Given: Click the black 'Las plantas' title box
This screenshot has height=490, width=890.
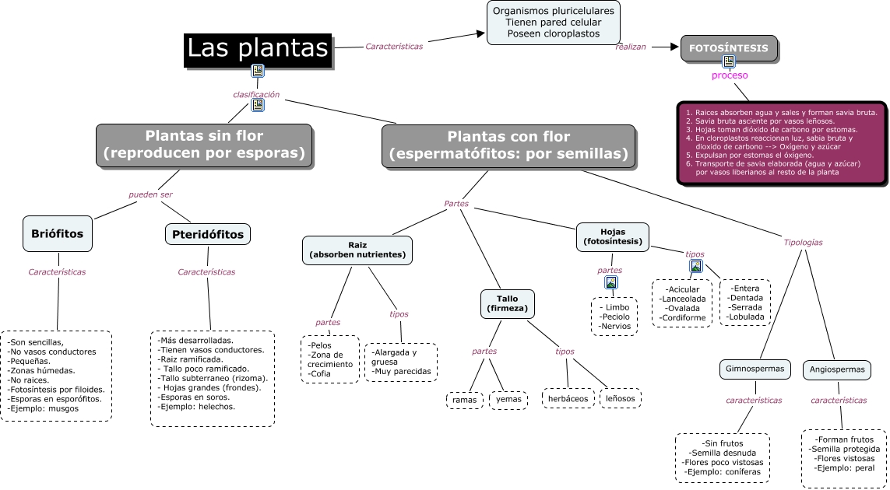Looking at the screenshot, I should [259, 49].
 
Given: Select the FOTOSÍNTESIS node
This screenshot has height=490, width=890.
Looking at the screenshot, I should [729, 48].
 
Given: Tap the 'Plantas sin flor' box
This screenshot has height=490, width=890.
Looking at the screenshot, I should [204, 145].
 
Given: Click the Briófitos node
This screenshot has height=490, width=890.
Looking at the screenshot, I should [58, 233].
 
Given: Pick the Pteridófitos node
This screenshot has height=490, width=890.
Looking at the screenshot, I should [208, 234].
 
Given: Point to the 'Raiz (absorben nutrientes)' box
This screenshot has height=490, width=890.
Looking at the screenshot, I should [357, 250].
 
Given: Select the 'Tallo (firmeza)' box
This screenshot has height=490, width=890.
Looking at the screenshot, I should [507, 303].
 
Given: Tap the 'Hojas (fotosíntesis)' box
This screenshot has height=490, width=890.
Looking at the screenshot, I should [613, 236].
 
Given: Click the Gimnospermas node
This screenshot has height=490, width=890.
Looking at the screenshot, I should [751, 369].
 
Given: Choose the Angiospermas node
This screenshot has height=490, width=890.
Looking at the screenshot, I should [837, 369].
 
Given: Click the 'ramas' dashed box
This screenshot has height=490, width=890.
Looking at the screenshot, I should [465, 400].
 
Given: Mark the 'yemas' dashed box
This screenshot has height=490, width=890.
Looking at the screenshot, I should [508, 400].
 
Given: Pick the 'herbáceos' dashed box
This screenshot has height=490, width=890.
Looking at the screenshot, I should [568, 398].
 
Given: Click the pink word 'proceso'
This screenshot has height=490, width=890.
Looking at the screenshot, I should [730, 75].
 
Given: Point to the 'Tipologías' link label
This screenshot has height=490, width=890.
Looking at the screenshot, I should [803, 242].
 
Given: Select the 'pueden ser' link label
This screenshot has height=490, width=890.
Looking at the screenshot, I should [150, 194].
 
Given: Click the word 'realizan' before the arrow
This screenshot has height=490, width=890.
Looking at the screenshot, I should [631, 47].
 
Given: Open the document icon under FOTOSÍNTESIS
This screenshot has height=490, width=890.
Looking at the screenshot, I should [729, 61].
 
